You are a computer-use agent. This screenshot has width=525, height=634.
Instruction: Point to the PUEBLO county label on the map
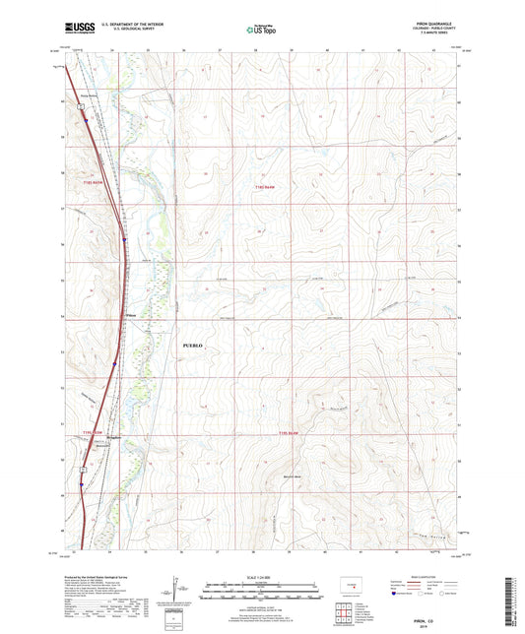point(193,347)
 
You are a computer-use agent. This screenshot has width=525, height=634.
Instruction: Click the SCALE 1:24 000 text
point(261,578)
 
